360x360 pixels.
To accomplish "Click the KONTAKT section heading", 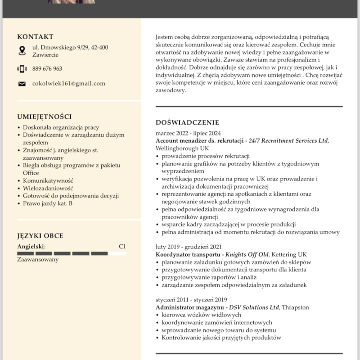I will click(35, 37).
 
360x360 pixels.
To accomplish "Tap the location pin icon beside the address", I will click(22, 51).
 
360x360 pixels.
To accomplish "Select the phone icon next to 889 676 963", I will click(22, 69).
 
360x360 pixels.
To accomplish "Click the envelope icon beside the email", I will click(22, 84).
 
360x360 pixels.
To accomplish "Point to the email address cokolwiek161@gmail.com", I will click(68, 83).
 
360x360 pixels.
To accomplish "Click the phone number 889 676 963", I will click(47, 69).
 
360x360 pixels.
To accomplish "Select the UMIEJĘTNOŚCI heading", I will click(44, 117).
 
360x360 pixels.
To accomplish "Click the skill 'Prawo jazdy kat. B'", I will click(48, 203).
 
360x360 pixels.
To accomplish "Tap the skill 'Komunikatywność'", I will click(48, 180).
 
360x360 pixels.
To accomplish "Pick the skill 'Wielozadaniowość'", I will click(48, 188).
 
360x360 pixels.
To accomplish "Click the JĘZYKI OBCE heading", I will click(40, 236).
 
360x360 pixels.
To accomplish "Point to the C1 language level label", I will click(122, 246).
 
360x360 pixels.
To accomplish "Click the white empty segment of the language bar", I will click(118, 253).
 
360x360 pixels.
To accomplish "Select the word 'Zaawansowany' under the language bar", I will click(38, 260).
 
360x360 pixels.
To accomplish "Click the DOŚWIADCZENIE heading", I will click(187, 122).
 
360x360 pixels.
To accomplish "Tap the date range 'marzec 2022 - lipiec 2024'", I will click(188, 133).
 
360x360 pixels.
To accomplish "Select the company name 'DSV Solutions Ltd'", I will click(255, 307).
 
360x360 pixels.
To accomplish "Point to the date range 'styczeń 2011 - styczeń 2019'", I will click(191, 300).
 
